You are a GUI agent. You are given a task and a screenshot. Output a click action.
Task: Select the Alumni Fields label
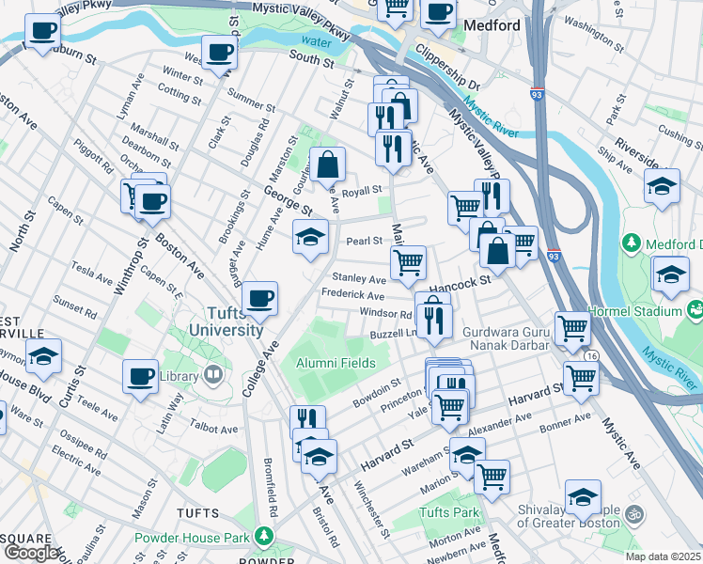click(x=336, y=363)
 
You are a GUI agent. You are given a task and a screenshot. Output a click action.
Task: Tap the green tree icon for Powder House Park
click(x=265, y=538)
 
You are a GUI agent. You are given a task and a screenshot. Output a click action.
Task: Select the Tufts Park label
click(x=448, y=512)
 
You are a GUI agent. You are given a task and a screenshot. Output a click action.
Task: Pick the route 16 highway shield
click(x=591, y=356)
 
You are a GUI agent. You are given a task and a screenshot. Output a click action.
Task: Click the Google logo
click(x=31, y=553)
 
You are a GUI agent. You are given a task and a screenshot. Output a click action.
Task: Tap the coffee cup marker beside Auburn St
click(x=41, y=33)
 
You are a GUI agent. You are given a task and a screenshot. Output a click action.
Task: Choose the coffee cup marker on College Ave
click(x=259, y=299)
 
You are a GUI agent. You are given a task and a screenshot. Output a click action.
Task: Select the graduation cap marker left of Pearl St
click(x=309, y=237)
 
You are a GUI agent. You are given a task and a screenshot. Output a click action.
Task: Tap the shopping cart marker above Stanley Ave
click(x=408, y=262)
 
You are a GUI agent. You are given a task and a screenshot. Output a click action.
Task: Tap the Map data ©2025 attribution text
click(x=663, y=556)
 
